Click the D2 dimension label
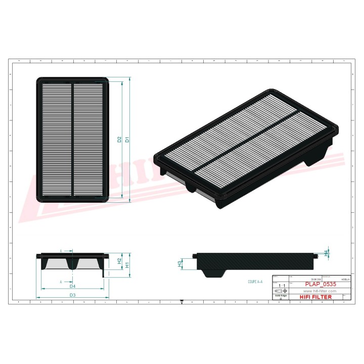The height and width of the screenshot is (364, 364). point(120,140)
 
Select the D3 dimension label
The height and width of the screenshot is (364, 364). point(72,295)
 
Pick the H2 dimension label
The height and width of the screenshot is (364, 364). point(119,261)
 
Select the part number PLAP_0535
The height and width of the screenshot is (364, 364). point(321,284)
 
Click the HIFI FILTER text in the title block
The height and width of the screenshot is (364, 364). point(316,297)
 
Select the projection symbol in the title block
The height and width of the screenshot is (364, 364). point(279,292)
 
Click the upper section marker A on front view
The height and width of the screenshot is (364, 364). point(61,250)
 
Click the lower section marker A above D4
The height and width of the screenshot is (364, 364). point(61,281)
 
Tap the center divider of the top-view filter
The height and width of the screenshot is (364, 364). point(72,140)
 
